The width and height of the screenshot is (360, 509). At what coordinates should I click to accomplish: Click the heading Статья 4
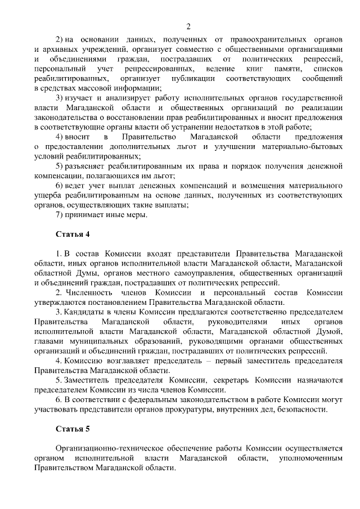[73, 233]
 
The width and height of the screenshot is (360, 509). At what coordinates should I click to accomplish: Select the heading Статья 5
[73, 429]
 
